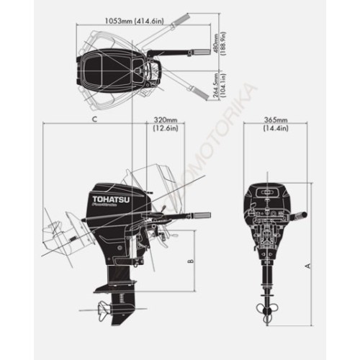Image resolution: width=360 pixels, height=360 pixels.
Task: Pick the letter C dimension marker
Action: coord(95,118)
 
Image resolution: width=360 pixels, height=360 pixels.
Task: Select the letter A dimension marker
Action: coord(308,266)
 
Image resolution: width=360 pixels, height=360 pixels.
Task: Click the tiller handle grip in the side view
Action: coord(199,216)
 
